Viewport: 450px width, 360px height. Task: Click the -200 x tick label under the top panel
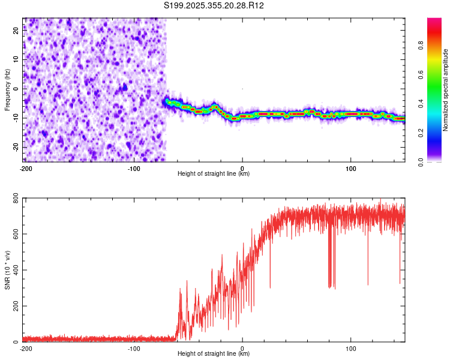tap(26, 167)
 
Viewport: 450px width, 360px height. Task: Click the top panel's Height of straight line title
tap(214, 174)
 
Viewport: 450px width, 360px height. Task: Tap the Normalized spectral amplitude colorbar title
tap(446, 90)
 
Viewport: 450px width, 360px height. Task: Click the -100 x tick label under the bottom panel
tap(134, 348)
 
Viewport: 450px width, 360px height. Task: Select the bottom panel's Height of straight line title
tap(214, 355)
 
